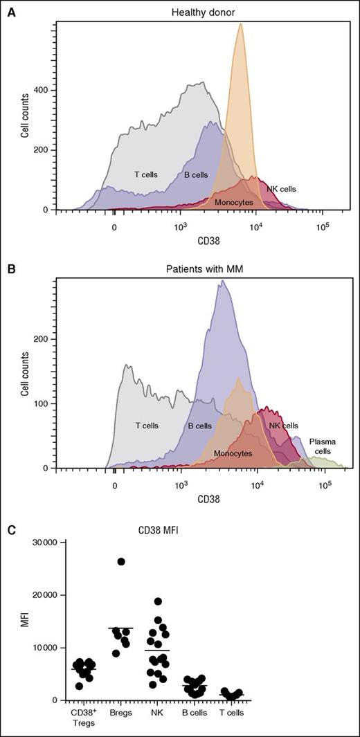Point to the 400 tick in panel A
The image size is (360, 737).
click(44, 91)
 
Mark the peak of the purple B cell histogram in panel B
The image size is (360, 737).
click(222, 281)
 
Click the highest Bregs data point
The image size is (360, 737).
click(122, 561)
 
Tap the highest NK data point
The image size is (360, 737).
click(159, 601)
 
